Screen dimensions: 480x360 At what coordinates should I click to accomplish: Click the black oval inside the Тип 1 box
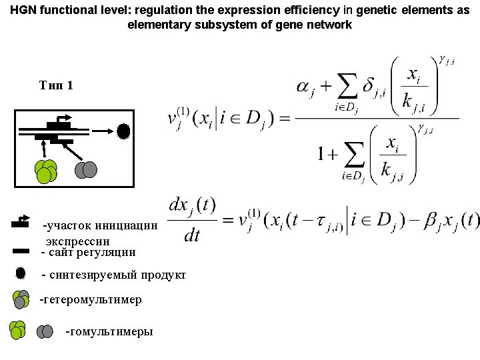point(123,131)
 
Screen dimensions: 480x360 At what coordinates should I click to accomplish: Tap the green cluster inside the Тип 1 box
point(46,171)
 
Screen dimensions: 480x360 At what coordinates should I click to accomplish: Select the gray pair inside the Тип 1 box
point(86,170)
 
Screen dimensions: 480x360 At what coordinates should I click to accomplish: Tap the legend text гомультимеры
point(110,331)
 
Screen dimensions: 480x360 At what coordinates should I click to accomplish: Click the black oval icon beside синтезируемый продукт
point(21,273)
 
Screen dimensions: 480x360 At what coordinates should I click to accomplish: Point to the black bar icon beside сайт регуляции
point(21,251)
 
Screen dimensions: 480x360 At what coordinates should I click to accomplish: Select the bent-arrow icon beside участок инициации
point(21,221)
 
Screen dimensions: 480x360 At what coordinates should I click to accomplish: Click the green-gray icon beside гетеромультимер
point(21,299)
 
